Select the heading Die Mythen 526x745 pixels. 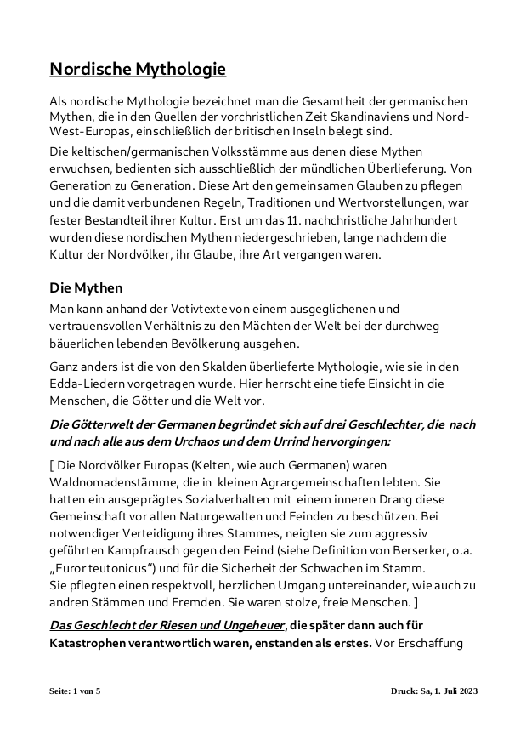[x=87, y=287]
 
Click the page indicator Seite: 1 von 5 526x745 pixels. [x=75, y=691]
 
